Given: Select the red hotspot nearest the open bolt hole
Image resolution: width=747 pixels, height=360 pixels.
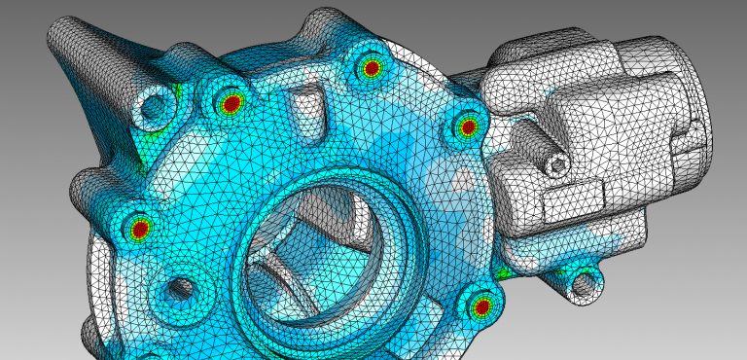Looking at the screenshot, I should (231, 102).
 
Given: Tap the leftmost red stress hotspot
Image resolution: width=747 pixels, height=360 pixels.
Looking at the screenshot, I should (140, 229).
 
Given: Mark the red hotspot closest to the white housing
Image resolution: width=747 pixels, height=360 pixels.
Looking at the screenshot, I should (469, 126).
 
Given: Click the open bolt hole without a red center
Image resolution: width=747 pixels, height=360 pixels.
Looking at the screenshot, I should (152, 109).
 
